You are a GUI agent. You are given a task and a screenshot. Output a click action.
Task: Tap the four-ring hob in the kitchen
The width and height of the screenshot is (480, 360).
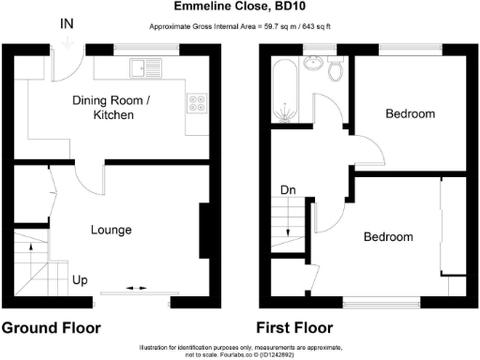tap(198, 103)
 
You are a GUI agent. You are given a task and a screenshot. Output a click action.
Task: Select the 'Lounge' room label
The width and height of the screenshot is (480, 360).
tap(111, 230)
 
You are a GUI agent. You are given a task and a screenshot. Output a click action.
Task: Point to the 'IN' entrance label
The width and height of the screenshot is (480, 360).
tap(68, 22)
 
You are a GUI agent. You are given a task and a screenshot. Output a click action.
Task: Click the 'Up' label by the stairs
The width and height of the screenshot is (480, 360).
tap(82, 279)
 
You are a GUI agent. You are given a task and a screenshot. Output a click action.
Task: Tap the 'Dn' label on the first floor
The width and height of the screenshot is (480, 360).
tap(289, 191)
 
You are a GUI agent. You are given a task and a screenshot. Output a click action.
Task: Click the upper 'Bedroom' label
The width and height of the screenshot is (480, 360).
tap(411, 113)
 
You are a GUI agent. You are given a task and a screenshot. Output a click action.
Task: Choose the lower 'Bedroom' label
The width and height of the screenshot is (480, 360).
tap(388, 237)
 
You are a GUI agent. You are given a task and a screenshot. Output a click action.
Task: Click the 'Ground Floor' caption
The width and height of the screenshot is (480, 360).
tap(51, 328)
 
